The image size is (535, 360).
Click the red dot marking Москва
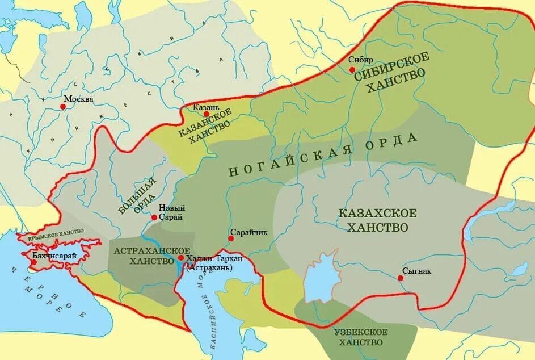(x=63, y=106)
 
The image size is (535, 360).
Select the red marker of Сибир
(x=352, y=69)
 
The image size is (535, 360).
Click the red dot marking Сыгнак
(x=401, y=278)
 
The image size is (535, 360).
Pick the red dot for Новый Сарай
(x=154, y=217)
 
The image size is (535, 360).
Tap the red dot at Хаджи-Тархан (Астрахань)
(x=180, y=258)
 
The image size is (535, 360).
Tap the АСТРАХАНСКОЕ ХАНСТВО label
(x=151, y=256)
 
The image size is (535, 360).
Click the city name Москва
(x=79, y=99)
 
